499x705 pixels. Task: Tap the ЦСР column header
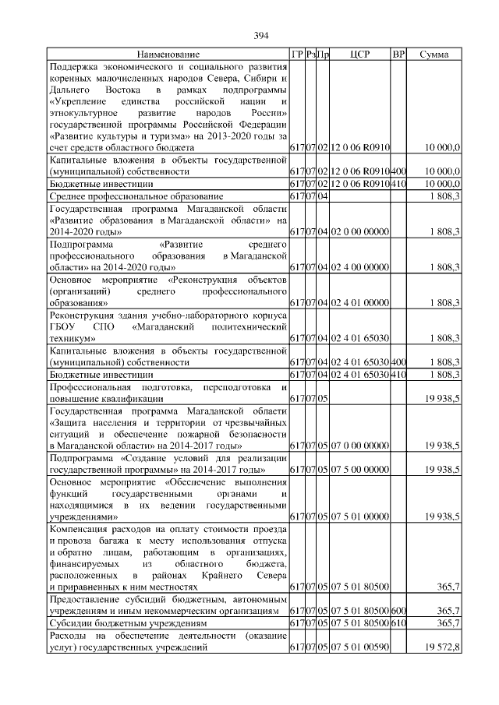click(360, 55)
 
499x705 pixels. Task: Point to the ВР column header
click(398, 55)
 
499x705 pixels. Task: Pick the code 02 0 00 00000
click(359, 232)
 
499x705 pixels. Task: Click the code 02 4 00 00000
click(359, 267)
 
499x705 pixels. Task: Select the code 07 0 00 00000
click(359, 445)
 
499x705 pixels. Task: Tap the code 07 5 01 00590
click(359, 647)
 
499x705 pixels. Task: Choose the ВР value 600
click(398, 612)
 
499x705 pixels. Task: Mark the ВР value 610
click(398, 624)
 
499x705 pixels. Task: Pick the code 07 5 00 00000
click(359, 471)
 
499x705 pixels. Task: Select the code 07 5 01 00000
click(359, 516)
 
